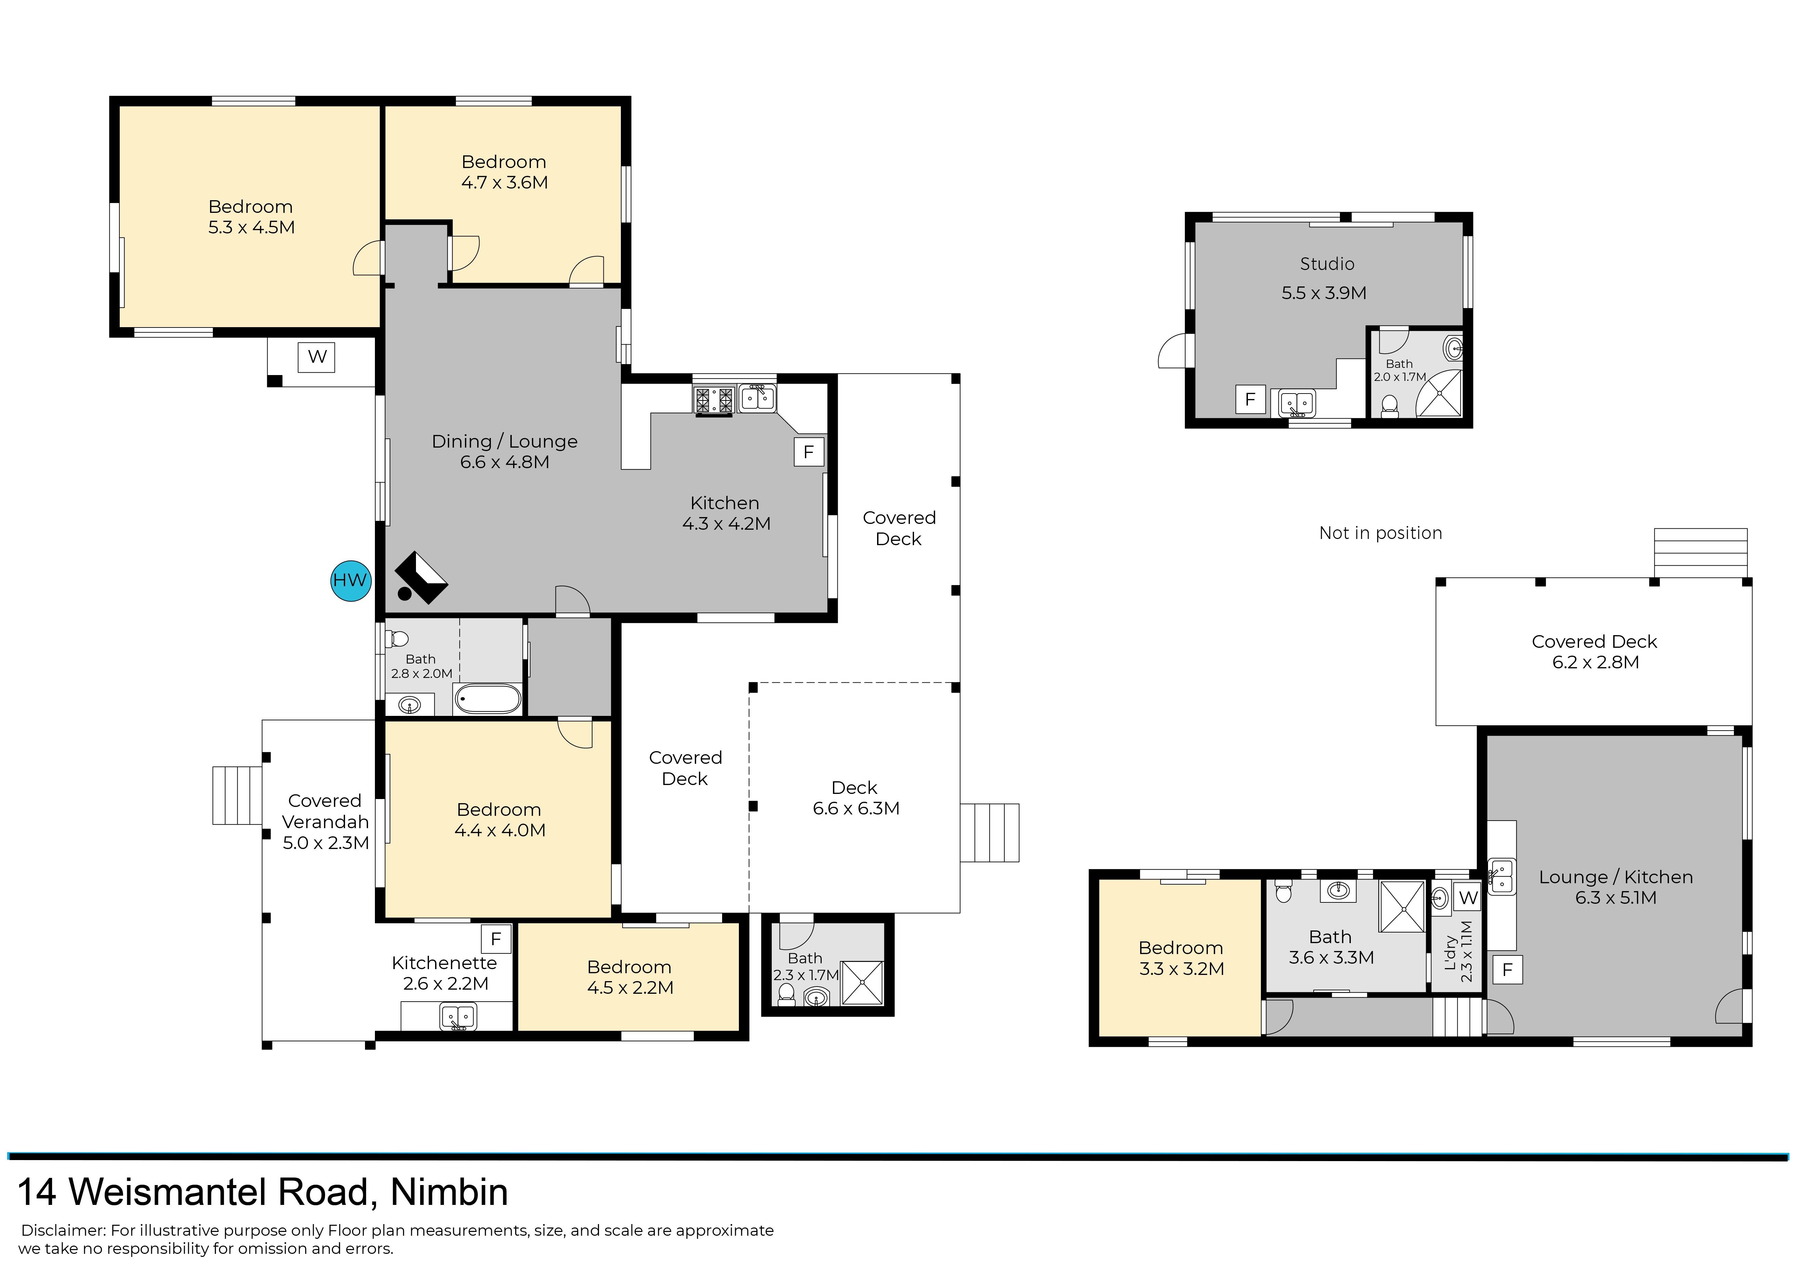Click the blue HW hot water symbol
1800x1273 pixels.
(x=350, y=580)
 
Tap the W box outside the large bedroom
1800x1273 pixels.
(x=317, y=357)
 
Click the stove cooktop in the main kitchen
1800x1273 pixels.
(x=714, y=400)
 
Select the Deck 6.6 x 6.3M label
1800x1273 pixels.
(x=855, y=798)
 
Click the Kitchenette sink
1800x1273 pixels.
(x=458, y=1017)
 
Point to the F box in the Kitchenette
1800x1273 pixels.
(x=495, y=939)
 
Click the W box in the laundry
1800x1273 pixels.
(x=1469, y=898)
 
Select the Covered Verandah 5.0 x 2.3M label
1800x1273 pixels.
(x=325, y=821)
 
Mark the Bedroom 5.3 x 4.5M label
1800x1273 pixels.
(x=251, y=217)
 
